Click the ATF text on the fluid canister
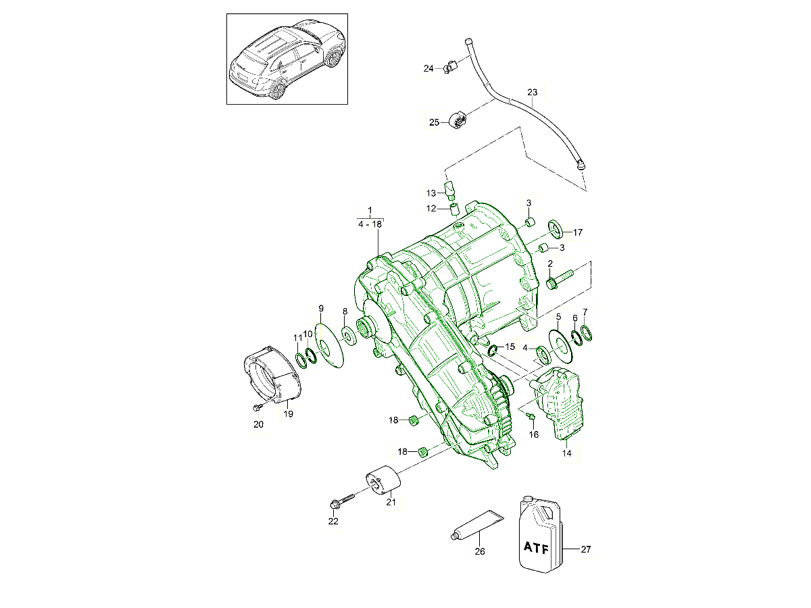[537, 547]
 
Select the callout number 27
[586, 549]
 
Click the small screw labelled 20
[257, 408]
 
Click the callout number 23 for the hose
[532, 92]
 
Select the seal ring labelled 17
[556, 228]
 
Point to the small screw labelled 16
[531, 415]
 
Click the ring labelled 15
[493, 350]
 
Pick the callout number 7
[585, 312]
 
